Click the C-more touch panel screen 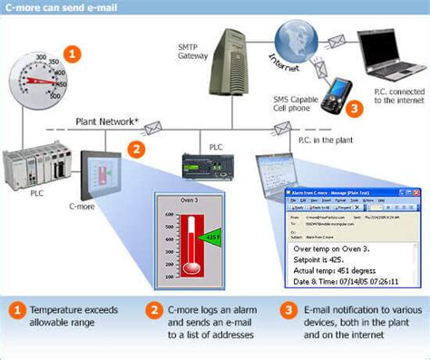pyautogui.click(x=103, y=176)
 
